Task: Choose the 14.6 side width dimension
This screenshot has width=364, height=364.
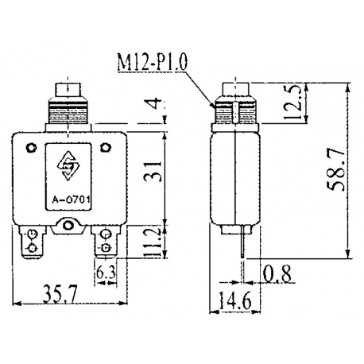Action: point(237,303)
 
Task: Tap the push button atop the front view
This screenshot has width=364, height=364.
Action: point(68,87)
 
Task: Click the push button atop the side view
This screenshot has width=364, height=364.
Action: point(235,87)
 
